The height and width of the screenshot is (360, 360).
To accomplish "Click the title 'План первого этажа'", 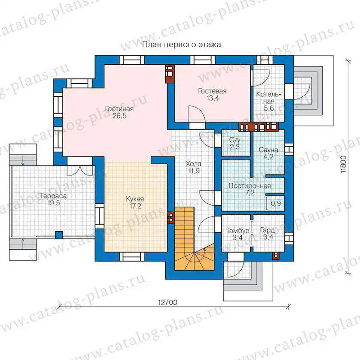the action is pyautogui.click(x=181, y=44).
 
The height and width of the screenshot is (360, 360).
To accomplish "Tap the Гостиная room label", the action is pyautogui.click(x=119, y=108).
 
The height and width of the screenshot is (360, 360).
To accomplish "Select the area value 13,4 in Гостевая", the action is pyautogui.click(x=212, y=98).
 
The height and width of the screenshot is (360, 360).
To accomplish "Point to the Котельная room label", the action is pyautogui.click(x=269, y=98).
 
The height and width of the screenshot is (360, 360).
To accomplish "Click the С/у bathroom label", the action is pyautogui.click(x=234, y=139).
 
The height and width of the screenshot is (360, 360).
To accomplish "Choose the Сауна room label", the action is pyautogui.click(x=268, y=150).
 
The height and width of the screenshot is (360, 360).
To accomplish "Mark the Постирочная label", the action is pyautogui.click(x=250, y=186).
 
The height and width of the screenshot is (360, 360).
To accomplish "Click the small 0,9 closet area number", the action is pyautogui.click(x=276, y=203).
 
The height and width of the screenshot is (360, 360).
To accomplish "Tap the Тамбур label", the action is pyautogui.click(x=238, y=230).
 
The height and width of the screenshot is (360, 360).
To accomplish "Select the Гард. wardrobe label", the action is pyautogui.click(x=268, y=230).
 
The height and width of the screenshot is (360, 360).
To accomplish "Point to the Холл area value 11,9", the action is pyautogui.click(x=194, y=171).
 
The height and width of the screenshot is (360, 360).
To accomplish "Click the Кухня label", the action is pyautogui.click(x=135, y=199).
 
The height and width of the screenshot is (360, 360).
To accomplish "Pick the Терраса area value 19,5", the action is pyautogui.click(x=54, y=203).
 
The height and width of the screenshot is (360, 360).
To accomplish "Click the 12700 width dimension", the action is pyautogui.click(x=168, y=302).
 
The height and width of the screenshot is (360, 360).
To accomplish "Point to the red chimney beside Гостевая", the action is pyautogui.click(x=170, y=73).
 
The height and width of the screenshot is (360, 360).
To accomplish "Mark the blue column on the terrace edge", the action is pyautogui.click(x=59, y=235).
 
